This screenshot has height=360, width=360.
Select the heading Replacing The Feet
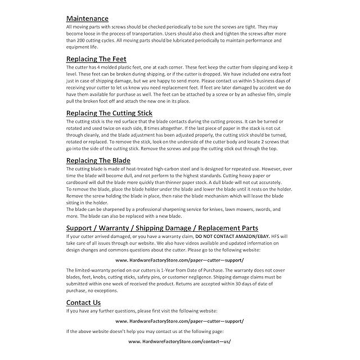(96, 58)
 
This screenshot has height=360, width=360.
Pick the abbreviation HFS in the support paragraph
(280, 236)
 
